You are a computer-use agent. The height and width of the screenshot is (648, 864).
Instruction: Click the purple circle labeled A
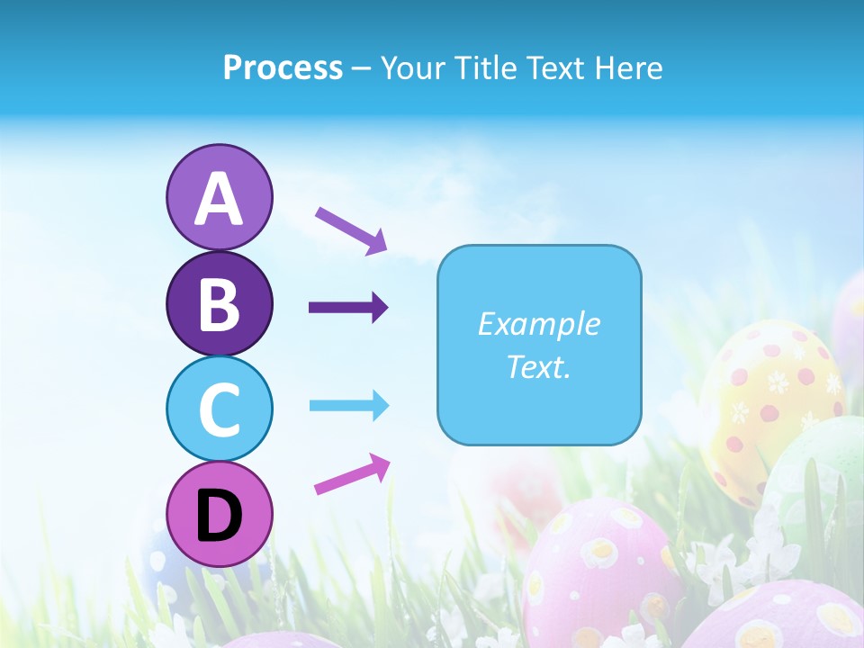(219, 197)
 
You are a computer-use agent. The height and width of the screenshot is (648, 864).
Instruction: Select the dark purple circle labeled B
(219, 303)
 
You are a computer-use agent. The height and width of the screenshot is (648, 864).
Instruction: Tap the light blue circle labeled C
(219, 409)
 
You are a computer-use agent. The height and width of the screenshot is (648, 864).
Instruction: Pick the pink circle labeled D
(219, 514)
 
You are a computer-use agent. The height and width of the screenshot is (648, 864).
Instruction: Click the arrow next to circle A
(351, 229)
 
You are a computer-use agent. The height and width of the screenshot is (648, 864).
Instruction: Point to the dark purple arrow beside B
(348, 308)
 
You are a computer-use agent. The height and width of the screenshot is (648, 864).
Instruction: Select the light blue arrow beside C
(348, 406)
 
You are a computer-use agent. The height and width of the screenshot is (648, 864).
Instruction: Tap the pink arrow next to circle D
(352, 474)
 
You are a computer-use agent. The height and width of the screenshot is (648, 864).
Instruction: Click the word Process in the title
(283, 67)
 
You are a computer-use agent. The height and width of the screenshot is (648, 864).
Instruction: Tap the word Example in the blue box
(538, 324)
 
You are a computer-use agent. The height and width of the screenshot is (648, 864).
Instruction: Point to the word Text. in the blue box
(538, 366)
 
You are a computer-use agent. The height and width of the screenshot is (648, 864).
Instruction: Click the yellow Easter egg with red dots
(769, 396)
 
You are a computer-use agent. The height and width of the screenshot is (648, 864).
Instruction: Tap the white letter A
(219, 199)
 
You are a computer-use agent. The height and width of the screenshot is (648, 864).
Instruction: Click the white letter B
(219, 304)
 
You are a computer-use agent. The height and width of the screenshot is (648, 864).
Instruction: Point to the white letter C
(219, 409)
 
